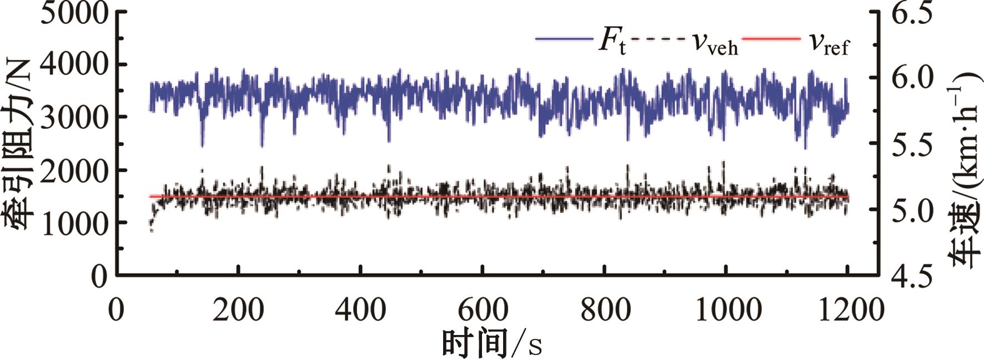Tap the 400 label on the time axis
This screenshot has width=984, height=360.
tap(360, 309)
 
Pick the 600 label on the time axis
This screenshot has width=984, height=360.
tap(483, 309)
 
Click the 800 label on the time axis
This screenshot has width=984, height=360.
tap(605, 309)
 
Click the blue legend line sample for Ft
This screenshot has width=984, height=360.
tap(563, 39)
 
